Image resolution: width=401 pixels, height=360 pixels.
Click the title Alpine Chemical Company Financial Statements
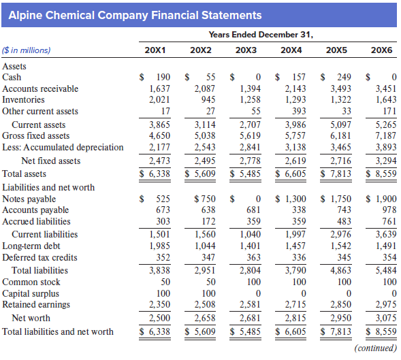coord(135,15)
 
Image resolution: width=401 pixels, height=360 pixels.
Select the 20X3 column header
coord(246,50)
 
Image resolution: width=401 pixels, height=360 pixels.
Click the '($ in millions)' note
coord(27,50)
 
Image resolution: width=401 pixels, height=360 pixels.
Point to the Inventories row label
coord(25,100)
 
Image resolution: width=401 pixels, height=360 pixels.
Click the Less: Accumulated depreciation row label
coord(63,147)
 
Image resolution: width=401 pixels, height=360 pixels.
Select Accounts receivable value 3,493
coord(338,88)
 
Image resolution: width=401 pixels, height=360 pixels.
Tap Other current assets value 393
coord(296,111)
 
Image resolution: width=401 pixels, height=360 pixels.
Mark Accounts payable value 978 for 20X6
coord(387,210)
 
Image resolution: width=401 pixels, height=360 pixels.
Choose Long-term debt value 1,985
coord(159,246)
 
